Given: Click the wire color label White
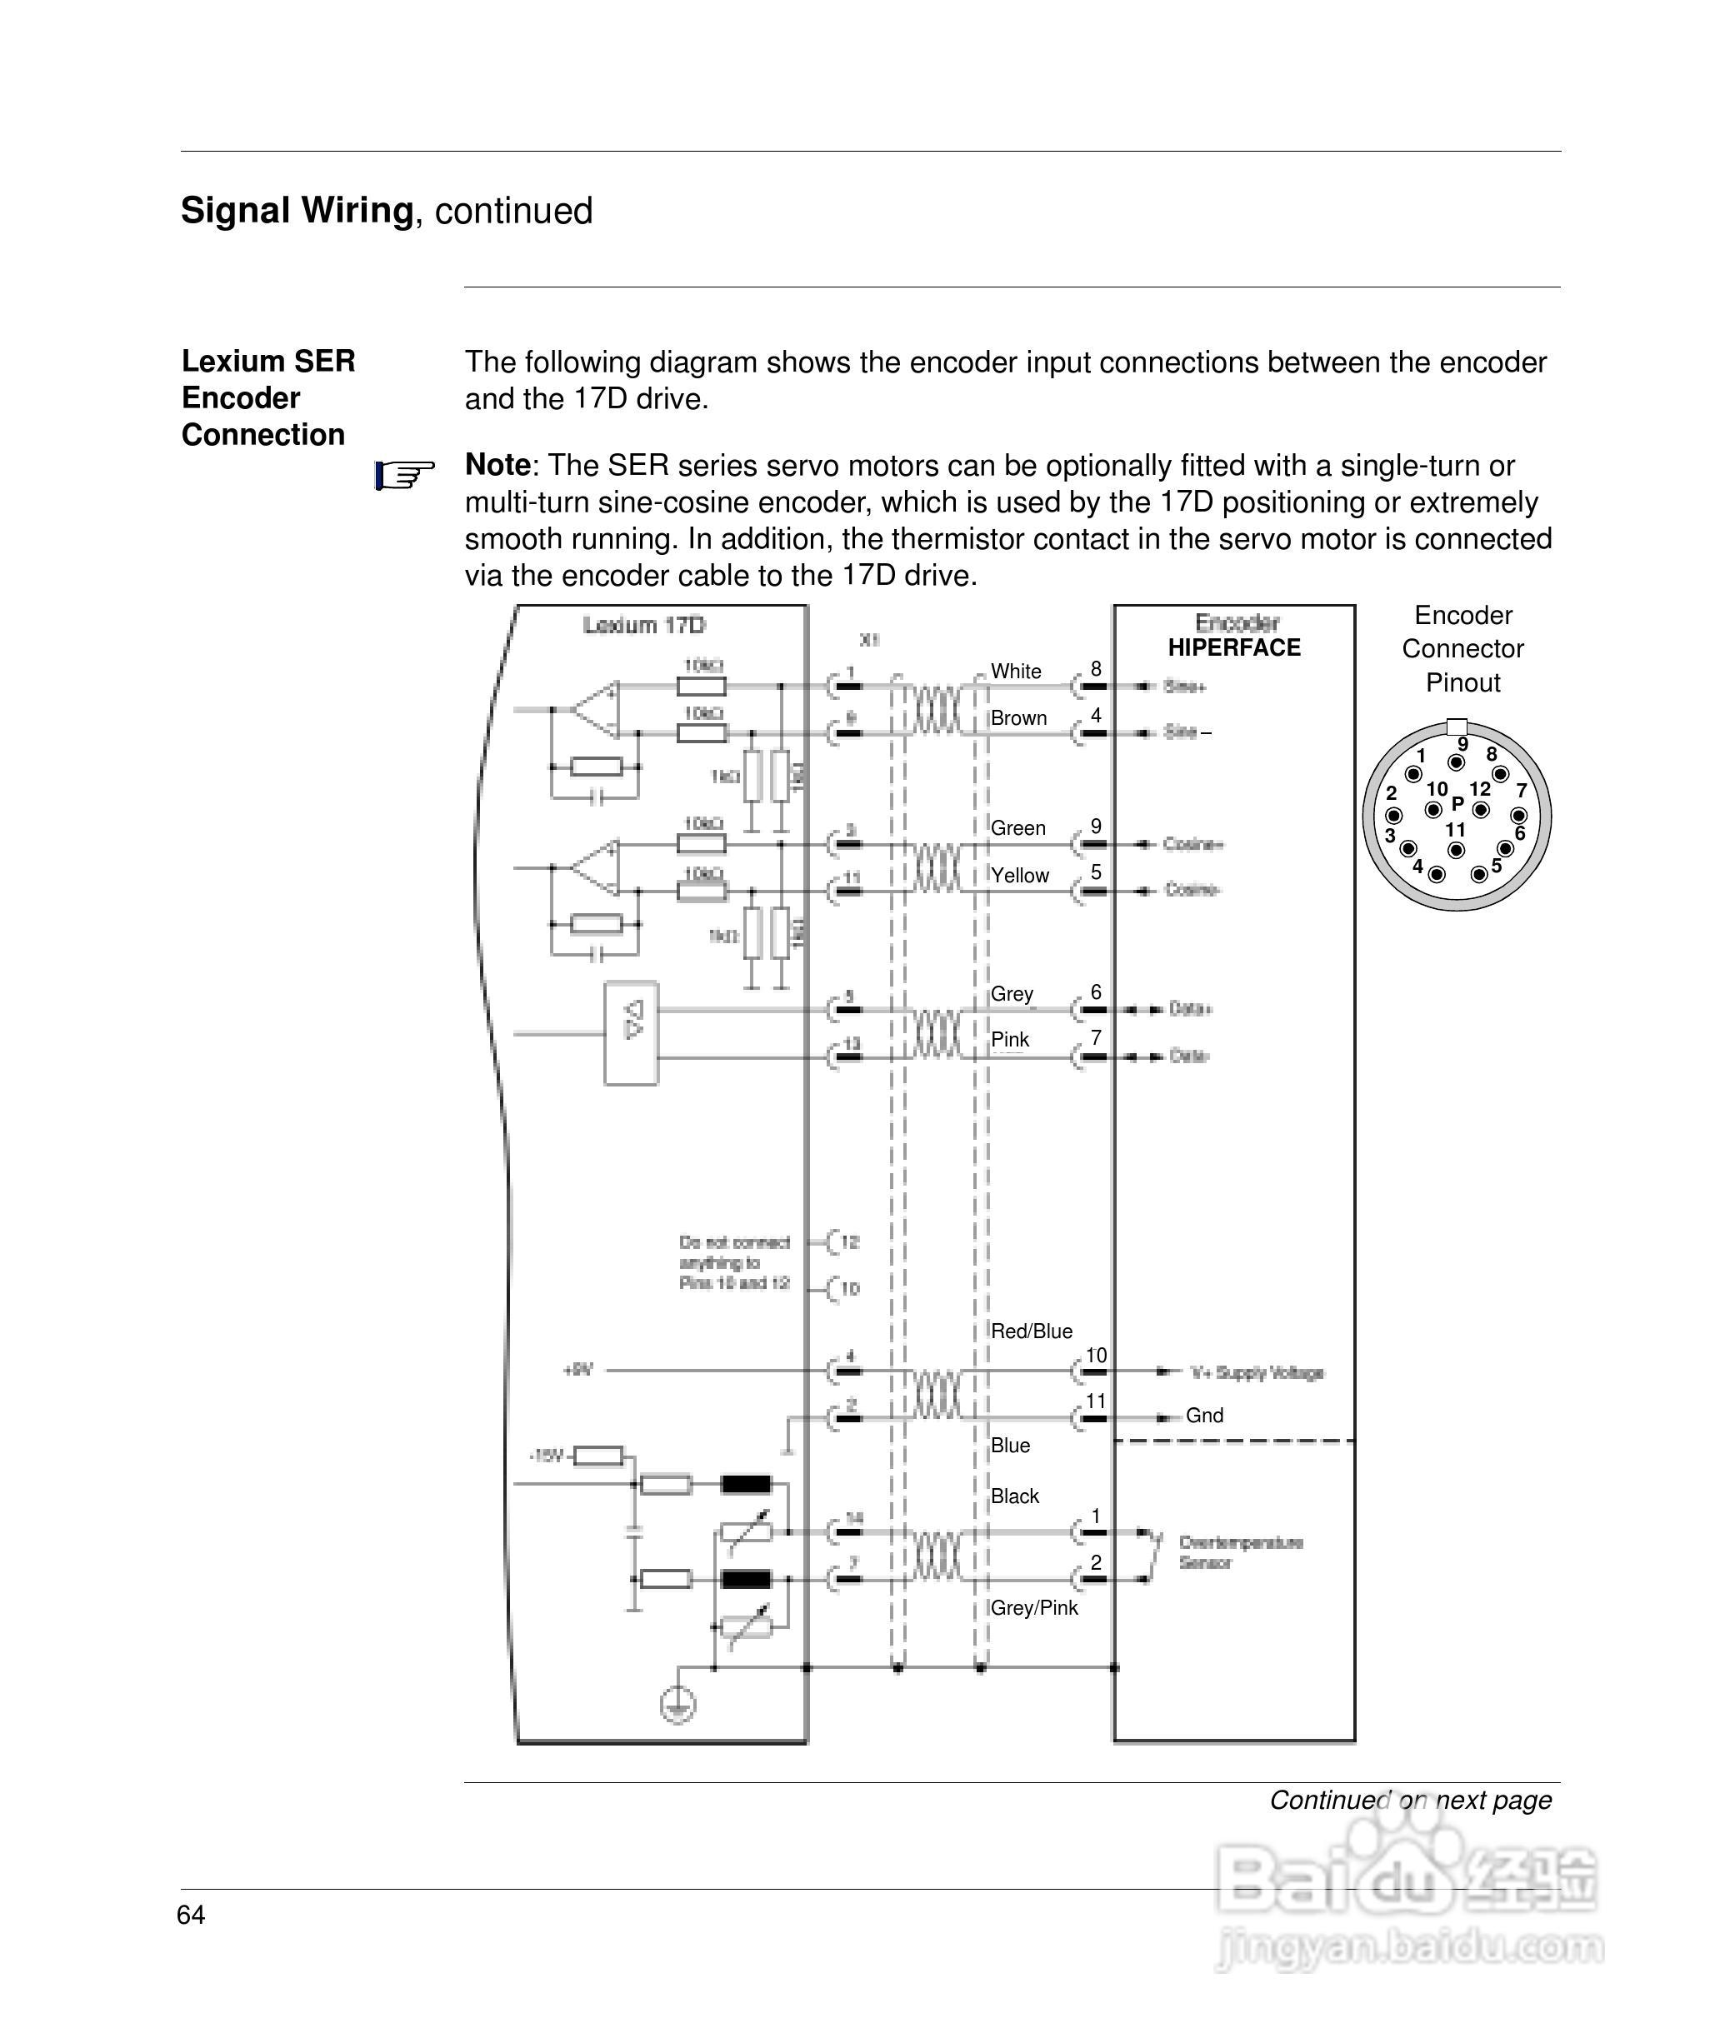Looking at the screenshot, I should (x=1015, y=672).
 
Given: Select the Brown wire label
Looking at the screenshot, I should (x=1018, y=718).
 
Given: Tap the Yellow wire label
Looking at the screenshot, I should (x=1019, y=876).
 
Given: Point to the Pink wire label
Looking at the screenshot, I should (x=1009, y=1040).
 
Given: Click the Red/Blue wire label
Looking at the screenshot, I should (x=1031, y=1331).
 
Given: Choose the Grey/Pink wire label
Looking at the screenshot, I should (x=1033, y=1608).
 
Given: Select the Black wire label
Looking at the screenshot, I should (x=1014, y=1496).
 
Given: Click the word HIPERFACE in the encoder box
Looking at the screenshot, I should (x=1233, y=648).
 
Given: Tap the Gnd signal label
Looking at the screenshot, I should (x=1204, y=1416).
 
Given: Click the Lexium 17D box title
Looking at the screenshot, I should (x=643, y=626).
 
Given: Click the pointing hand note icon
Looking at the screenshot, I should (x=404, y=477).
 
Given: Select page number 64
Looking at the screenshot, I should (x=191, y=1916).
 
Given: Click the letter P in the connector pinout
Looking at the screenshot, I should (x=1457, y=803).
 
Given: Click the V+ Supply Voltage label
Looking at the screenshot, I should (x=1257, y=1373).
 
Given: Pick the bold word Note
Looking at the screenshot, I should (x=497, y=465).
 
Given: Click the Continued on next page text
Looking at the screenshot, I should (x=1409, y=1801).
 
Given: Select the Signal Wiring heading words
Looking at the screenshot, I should (x=297, y=211).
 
